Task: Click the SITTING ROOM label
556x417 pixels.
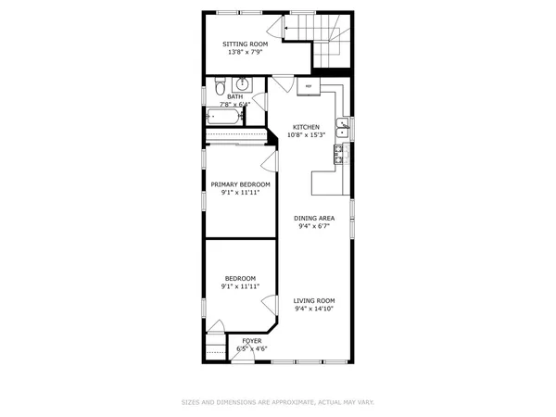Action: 245,44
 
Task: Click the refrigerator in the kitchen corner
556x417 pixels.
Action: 310,86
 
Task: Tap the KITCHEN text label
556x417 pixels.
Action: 307,127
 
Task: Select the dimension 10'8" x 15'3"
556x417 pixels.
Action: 307,135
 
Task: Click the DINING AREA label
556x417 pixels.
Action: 314,219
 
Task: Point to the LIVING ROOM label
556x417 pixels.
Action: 314,301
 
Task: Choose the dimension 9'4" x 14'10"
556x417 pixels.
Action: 314,310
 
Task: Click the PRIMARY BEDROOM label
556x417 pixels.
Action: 241,184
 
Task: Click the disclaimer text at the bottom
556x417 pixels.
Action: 278,402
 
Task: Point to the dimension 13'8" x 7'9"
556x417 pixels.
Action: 245,52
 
